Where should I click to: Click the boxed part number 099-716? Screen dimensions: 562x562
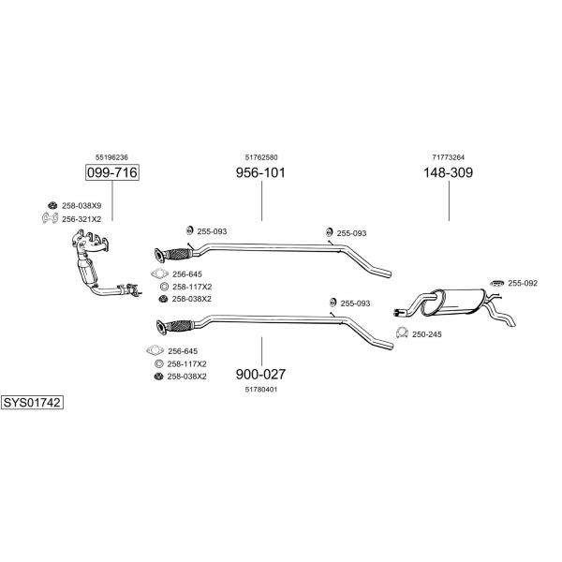click(112, 172)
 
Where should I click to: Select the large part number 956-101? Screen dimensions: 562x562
click(260, 172)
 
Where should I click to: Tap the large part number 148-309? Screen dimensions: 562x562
click(449, 172)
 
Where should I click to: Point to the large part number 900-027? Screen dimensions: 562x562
click(260, 374)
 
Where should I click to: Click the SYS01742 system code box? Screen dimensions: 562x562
click(32, 403)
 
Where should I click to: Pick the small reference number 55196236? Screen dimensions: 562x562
click(111, 157)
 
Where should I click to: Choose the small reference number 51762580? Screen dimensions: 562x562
click(261, 157)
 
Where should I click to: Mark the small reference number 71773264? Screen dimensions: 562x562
click(449, 157)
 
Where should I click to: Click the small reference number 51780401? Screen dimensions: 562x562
click(261, 390)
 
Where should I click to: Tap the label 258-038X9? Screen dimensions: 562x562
click(81, 206)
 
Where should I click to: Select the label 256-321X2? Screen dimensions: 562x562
click(81, 219)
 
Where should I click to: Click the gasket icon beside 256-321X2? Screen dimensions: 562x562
click(51, 218)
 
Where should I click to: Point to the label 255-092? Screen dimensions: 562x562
click(523, 283)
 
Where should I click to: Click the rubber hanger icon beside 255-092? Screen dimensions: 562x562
click(497, 283)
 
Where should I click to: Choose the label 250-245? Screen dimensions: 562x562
click(427, 334)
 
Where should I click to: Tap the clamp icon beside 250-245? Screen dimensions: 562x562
click(402, 333)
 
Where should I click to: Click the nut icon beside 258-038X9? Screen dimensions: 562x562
click(52, 205)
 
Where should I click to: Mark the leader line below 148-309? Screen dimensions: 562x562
click(449, 200)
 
